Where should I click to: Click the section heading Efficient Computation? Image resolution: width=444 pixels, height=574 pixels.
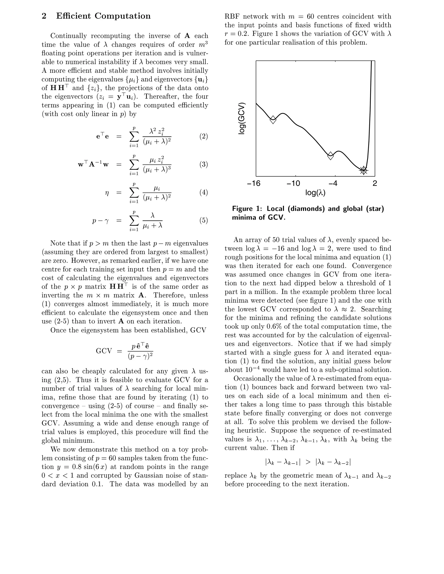(103, 16)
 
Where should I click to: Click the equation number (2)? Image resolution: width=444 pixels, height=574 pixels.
(203, 136)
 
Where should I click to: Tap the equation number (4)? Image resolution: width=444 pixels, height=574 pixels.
(203, 192)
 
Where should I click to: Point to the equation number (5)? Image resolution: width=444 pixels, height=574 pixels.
(203, 220)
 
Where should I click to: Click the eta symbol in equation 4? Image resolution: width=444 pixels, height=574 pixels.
(106, 193)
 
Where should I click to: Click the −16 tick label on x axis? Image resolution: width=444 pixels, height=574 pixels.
(254, 183)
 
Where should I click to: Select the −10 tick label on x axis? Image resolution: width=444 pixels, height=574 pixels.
(293, 183)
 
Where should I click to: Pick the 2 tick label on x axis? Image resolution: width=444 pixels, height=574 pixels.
(375, 183)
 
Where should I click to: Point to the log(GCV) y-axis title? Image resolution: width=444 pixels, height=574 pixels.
(242, 118)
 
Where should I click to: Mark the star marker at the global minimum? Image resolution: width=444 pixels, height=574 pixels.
(364, 170)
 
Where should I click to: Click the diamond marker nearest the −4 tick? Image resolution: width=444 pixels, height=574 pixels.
(331, 156)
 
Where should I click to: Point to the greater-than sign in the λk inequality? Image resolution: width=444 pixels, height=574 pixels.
(308, 462)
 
